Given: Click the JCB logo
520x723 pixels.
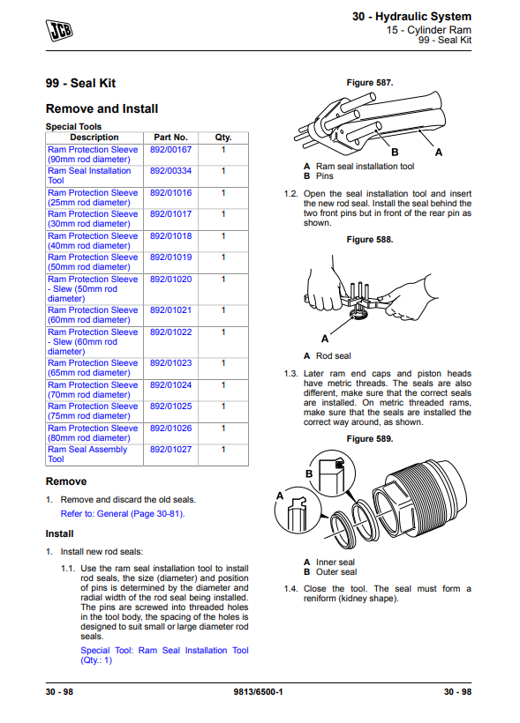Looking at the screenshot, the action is tap(59, 31).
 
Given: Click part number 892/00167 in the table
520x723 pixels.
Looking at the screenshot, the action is tap(170, 150).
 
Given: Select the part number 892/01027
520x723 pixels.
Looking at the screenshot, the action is tap(170, 450).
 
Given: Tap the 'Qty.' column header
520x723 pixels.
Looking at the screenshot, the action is tap(223, 138).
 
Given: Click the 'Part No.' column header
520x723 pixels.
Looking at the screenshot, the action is tap(170, 138).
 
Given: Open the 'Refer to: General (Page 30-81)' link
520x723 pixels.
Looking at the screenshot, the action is tap(123, 514).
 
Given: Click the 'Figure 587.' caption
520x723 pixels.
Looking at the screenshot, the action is tap(369, 83).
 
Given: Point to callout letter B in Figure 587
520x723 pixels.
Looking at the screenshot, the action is tap(395, 153).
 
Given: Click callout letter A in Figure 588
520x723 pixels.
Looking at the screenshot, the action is tap(325, 339).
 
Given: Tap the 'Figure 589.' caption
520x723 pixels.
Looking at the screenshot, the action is tap(369, 439).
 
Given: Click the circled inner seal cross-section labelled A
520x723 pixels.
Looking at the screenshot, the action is tap(298, 511).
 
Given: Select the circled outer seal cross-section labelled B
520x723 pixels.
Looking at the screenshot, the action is tap(332, 473).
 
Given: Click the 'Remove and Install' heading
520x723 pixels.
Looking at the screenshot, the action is tap(102, 108).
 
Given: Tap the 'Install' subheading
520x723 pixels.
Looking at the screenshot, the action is tap(59, 534).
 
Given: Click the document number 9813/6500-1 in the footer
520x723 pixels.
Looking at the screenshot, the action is tap(258, 691).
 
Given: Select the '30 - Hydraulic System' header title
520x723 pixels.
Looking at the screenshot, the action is tap(411, 17).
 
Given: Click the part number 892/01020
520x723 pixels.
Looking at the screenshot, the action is tap(170, 280).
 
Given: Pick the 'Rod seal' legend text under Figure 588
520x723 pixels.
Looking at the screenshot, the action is tap(334, 356).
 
